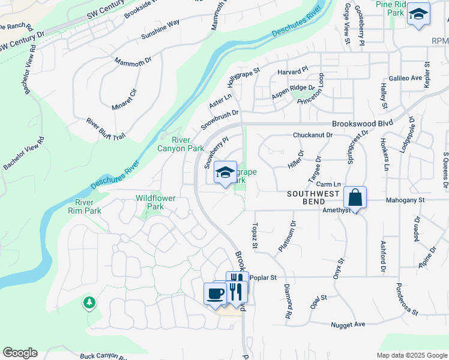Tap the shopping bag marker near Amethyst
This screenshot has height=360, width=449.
coord(355,197)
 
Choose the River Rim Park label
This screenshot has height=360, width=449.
coord(84,206)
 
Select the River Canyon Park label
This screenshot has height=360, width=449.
coord(181,144)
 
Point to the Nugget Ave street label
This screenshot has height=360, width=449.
coord(348,325)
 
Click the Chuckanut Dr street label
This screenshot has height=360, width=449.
coord(312,136)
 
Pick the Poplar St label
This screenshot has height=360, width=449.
coord(262,278)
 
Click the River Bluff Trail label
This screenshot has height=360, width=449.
coord(106,129)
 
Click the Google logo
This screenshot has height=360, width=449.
coord(20,353)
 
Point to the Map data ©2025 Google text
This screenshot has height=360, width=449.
coord(412,355)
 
